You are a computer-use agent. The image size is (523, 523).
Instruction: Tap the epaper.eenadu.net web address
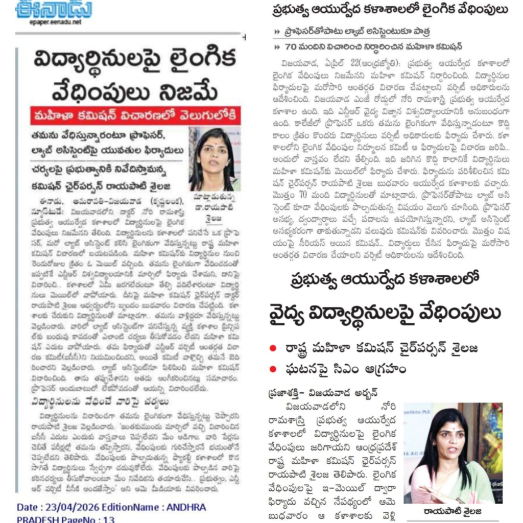point(49,22)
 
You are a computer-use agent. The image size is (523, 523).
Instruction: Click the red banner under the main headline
point(135,115)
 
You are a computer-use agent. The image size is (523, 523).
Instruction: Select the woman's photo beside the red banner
point(215,159)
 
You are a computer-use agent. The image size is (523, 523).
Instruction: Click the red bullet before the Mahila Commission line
point(274,348)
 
